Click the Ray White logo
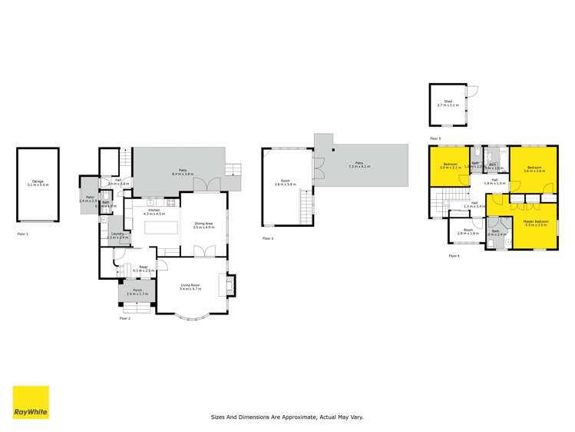(x=31, y=402)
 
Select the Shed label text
(x=448, y=103)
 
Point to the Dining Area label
(x=203, y=225)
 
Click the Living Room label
(x=190, y=287)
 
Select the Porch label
(x=136, y=293)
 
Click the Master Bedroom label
(x=529, y=223)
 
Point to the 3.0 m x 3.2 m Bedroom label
(x=451, y=165)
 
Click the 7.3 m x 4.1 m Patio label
(x=359, y=165)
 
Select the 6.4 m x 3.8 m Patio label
(x=182, y=173)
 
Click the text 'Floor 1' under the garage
(x=22, y=232)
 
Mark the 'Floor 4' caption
(x=454, y=255)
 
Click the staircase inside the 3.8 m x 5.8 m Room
(x=308, y=205)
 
